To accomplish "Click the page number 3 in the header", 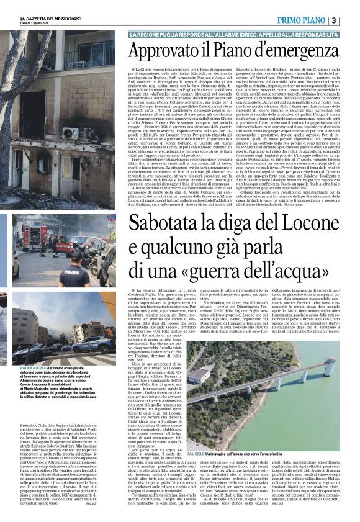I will point(351,21).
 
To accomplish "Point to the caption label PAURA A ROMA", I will point(32,367).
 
